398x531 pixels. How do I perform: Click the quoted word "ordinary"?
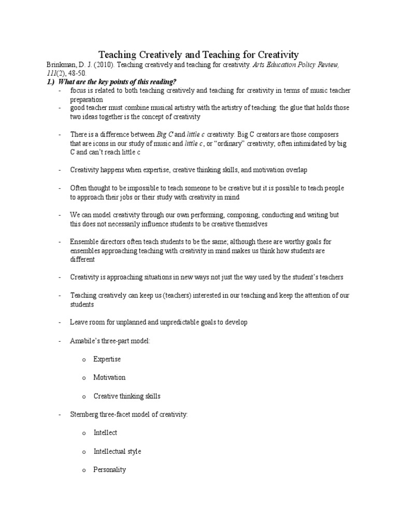click(x=225, y=144)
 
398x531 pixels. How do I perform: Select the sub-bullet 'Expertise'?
click(x=107, y=359)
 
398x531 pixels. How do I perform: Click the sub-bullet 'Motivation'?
click(x=109, y=378)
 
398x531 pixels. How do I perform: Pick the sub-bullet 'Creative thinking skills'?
click(x=127, y=396)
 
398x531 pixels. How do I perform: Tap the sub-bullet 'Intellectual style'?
click(x=117, y=451)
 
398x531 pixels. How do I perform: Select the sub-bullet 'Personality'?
click(x=109, y=470)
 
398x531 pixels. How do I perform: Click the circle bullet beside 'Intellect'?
click(x=83, y=433)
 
